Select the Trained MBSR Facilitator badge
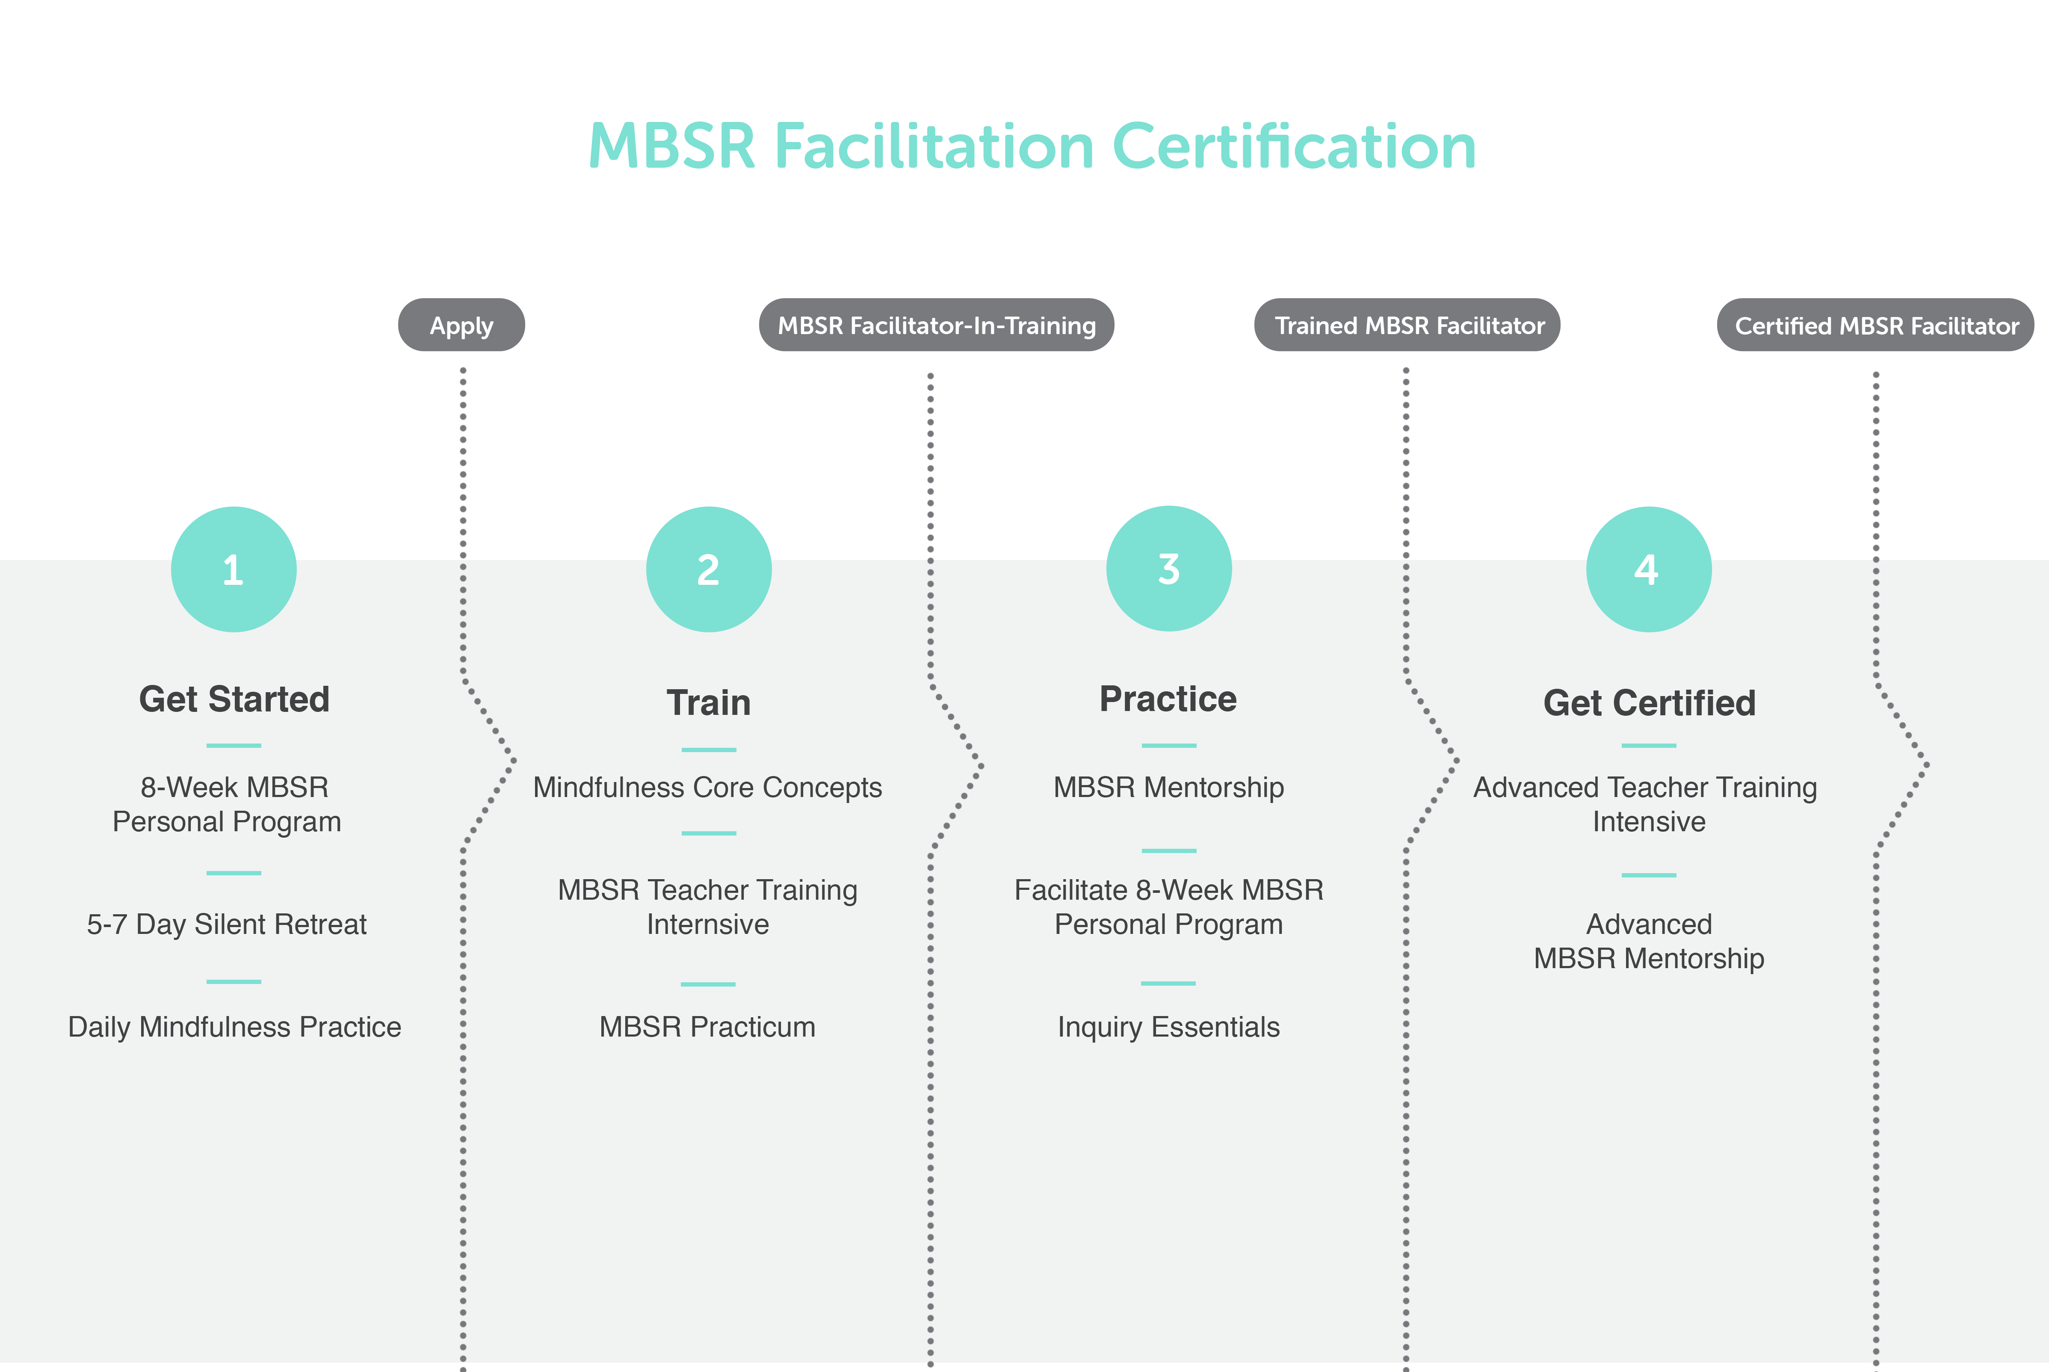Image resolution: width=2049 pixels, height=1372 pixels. (1407, 326)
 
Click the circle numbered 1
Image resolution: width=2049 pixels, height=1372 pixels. (234, 569)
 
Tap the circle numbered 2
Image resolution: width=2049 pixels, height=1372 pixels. (708, 569)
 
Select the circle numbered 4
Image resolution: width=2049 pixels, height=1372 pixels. (1648, 569)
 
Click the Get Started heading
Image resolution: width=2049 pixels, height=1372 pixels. (234, 699)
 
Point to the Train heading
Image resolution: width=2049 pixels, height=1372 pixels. (708, 702)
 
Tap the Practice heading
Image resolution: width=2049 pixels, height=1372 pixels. (1168, 699)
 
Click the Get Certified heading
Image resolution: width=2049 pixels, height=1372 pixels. (1650, 702)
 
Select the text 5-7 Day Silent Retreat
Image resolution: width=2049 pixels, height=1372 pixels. (227, 924)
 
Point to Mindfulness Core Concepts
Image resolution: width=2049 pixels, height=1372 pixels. (707, 788)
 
